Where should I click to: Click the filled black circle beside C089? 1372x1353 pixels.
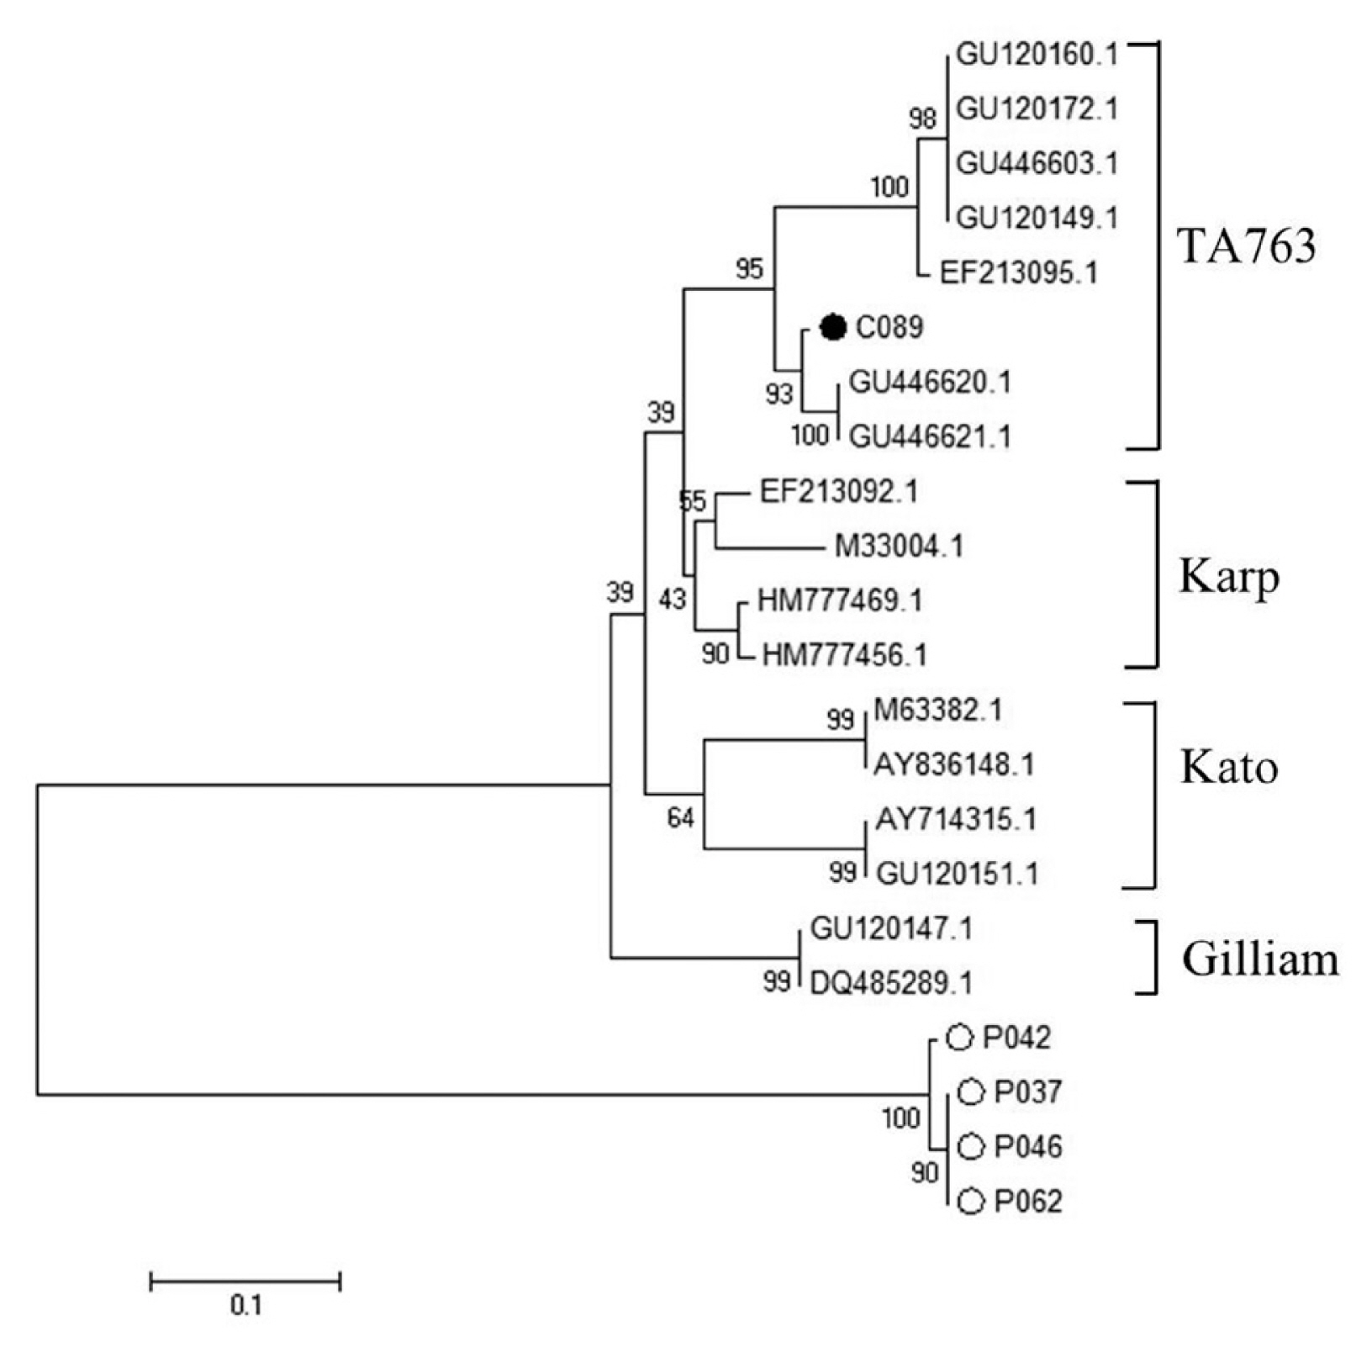click(x=833, y=327)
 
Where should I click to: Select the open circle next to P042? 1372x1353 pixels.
click(x=959, y=1038)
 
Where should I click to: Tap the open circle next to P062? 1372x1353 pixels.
click(x=971, y=1202)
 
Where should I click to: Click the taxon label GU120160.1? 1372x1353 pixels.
click(x=1037, y=55)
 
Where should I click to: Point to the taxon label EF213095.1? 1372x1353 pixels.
click(x=1018, y=273)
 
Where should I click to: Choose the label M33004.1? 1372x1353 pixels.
click(x=899, y=547)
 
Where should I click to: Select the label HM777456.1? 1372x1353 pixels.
click(x=844, y=655)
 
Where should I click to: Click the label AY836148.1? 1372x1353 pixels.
click(x=954, y=764)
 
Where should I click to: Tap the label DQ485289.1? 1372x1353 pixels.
click(x=891, y=982)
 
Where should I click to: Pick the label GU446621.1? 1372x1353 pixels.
click(x=930, y=436)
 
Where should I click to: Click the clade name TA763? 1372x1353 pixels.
click(x=1247, y=246)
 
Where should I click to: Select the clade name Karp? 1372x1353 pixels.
click(x=1228, y=577)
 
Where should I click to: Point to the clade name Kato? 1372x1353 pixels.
click(x=1228, y=767)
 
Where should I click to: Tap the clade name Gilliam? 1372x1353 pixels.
click(x=1259, y=959)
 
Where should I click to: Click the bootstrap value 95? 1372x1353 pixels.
click(x=749, y=269)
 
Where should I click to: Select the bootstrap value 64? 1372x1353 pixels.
click(x=680, y=817)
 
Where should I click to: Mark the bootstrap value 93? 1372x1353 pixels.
click(x=779, y=394)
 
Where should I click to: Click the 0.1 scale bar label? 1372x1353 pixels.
click(x=245, y=1305)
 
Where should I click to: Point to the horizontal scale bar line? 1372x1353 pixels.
click(x=245, y=1282)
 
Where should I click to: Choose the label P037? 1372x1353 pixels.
click(x=1028, y=1092)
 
